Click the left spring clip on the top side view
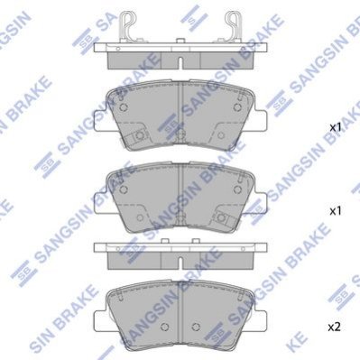coord(127,26)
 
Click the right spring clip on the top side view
coord(234,26)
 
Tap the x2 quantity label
coord(334,327)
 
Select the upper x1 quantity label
coord(335,127)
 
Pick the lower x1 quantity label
coord(335,211)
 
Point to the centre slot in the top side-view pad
coord(180,62)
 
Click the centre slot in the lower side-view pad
coord(180,263)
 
